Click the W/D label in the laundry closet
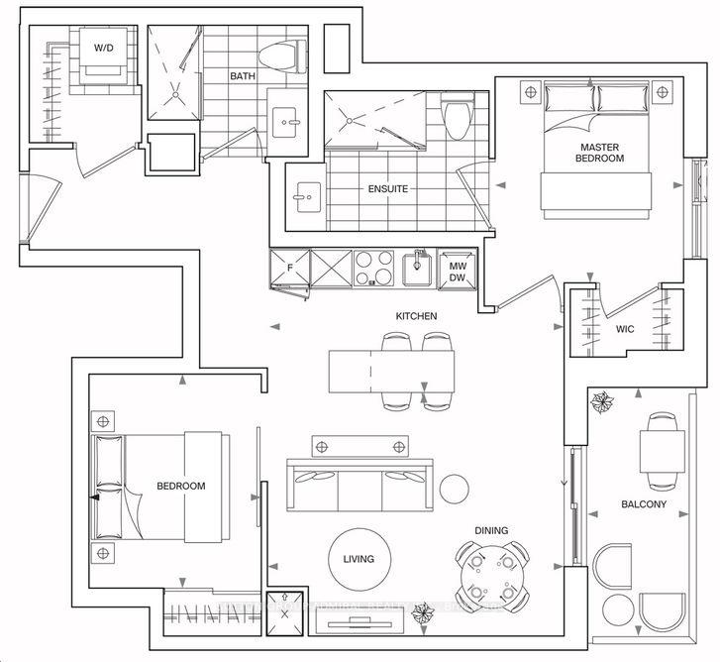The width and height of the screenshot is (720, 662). click(104, 48)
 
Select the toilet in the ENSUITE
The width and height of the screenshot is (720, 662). click(457, 120)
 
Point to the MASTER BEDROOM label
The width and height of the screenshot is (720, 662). click(601, 153)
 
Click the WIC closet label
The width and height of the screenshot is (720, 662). click(624, 328)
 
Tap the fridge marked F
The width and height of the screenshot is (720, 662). click(290, 267)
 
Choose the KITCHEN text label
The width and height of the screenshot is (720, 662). click(416, 316)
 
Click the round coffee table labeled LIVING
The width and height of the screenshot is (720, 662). click(358, 559)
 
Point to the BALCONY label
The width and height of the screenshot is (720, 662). click(644, 504)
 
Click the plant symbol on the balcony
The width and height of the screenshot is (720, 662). click(602, 402)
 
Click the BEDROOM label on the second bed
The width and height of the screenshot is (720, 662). click(181, 486)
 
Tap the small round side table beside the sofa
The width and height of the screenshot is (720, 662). click(455, 487)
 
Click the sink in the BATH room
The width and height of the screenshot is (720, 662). click(290, 124)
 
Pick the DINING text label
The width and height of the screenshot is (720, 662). click(490, 531)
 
